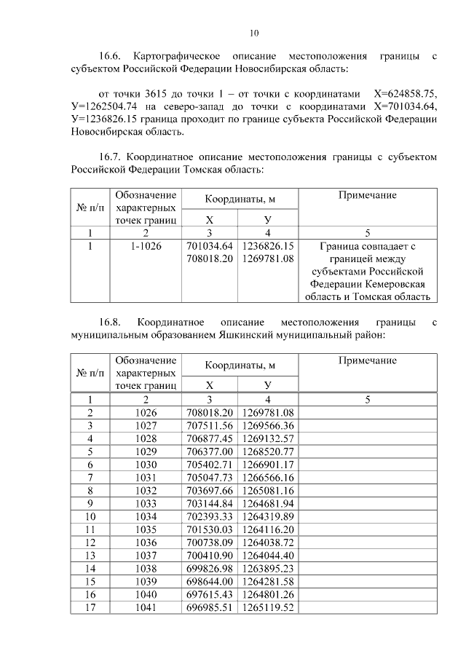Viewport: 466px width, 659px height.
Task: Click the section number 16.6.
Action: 114,56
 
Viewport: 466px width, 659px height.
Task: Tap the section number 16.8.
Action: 114,321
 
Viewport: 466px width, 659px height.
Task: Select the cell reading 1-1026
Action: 146,246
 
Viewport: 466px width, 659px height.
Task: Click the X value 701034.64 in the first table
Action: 210,246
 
